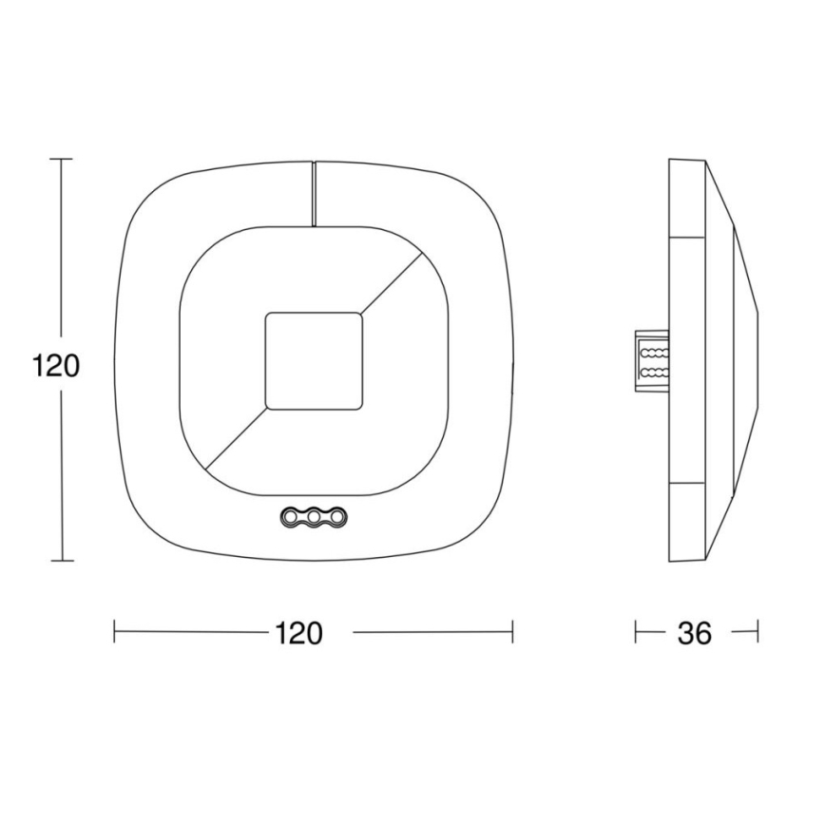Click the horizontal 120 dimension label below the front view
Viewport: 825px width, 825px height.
298,632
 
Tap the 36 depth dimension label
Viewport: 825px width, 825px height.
695,633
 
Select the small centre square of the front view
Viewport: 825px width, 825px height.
313,360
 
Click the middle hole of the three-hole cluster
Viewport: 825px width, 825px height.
312,517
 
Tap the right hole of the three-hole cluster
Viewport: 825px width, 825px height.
334,517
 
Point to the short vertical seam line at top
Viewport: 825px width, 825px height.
313,194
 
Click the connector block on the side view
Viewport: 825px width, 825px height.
652,362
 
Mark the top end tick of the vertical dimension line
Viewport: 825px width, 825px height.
61,160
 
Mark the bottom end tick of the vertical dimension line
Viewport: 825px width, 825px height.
61,561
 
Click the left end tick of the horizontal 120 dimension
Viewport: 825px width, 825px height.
115,631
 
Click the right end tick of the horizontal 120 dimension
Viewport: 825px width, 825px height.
512,631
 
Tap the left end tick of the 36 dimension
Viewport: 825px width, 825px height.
637,631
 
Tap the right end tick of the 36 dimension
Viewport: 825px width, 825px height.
758,631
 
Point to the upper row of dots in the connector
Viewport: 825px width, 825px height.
652,352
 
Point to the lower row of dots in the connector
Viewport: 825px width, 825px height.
652,373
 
